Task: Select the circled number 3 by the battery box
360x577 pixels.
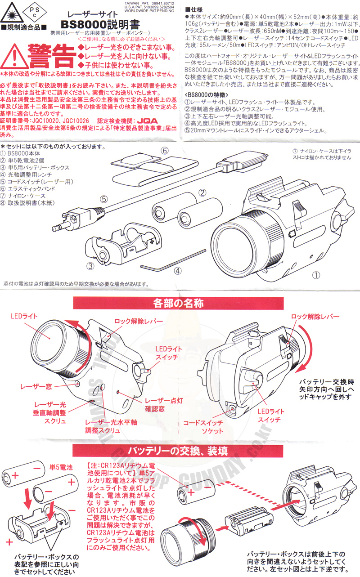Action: click(x=90, y=265)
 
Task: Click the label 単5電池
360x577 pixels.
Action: click(x=60, y=468)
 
